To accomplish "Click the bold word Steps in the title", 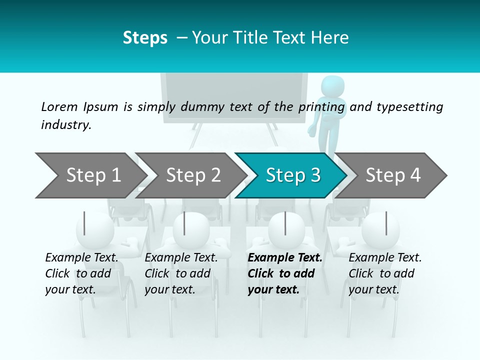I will tap(145, 37).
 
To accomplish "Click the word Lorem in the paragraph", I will tap(59, 106).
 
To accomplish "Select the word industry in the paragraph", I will tap(65, 124).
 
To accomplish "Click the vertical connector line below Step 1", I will tap(84, 223).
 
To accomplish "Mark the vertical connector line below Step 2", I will tap(184, 223).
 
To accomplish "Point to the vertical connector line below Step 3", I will tap(285, 223).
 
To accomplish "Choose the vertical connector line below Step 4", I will tap(385, 223).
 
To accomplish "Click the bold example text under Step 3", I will tap(284, 273).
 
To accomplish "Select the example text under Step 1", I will tap(81, 273).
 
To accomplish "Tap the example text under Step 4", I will tap(384, 273).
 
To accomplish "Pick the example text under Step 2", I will tap(181, 273).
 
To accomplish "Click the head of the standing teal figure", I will tap(331, 85).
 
